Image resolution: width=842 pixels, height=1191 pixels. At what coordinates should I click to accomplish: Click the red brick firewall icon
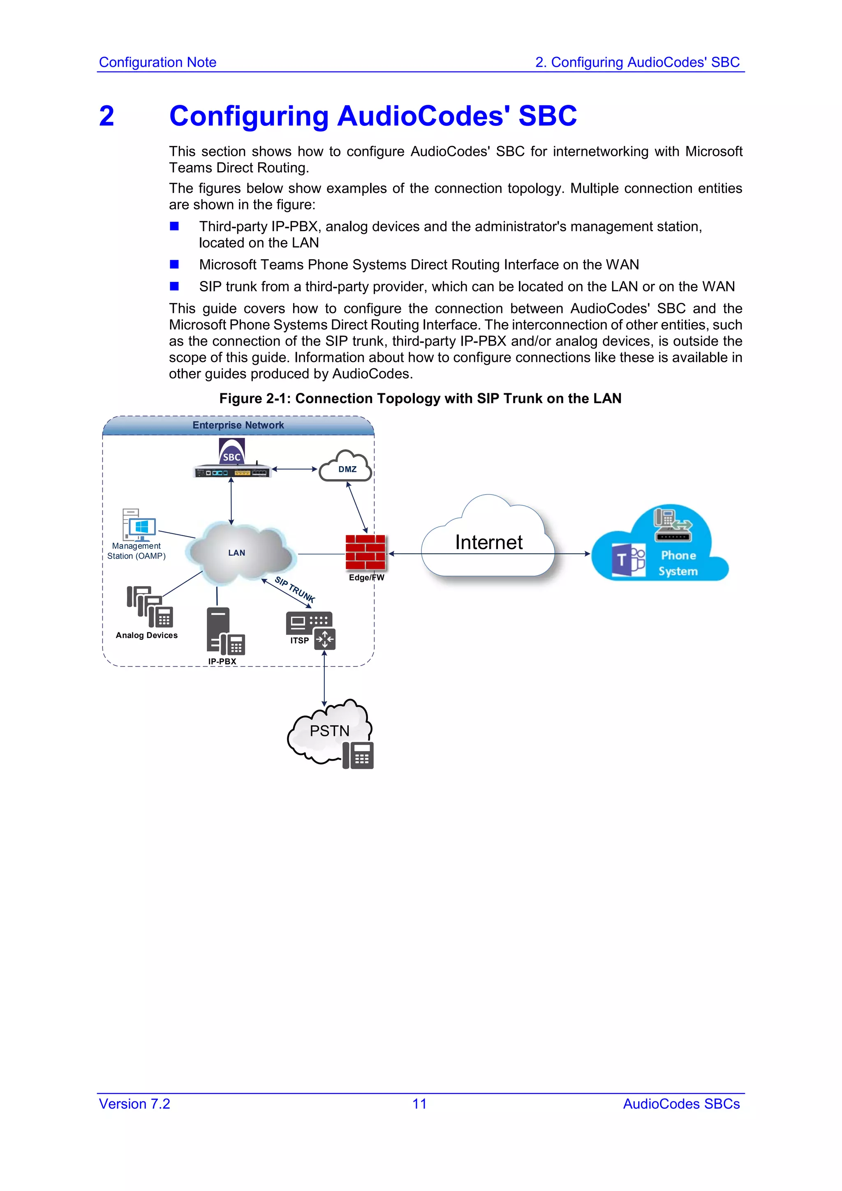point(365,553)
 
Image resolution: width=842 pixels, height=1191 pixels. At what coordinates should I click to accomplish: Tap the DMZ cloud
point(346,467)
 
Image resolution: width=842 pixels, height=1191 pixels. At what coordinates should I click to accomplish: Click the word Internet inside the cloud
point(488,542)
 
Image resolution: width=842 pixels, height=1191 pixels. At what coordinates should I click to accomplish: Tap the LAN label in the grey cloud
point(236,553)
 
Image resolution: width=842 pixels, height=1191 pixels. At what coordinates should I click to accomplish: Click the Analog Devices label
point(147,636)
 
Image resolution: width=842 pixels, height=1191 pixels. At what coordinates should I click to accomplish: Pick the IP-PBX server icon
point(224,631)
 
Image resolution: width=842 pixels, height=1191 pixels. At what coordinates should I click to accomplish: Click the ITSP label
point(299,641)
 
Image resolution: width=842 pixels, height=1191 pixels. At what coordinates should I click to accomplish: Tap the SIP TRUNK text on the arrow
point(294,589)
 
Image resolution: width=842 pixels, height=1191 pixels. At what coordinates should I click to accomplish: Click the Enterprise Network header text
point(238,425)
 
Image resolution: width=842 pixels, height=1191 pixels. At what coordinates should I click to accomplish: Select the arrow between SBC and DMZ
point(294,469)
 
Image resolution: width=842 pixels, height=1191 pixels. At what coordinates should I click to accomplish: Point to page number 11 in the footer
point(419,1104)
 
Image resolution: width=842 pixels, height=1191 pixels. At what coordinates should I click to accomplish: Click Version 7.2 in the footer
point(134,1104)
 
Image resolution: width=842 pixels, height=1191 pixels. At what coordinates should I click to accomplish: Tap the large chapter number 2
point(107,116)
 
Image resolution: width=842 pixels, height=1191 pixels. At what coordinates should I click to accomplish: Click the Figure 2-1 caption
point(420,398)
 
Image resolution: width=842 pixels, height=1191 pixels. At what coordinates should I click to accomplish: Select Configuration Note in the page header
point(157,62)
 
